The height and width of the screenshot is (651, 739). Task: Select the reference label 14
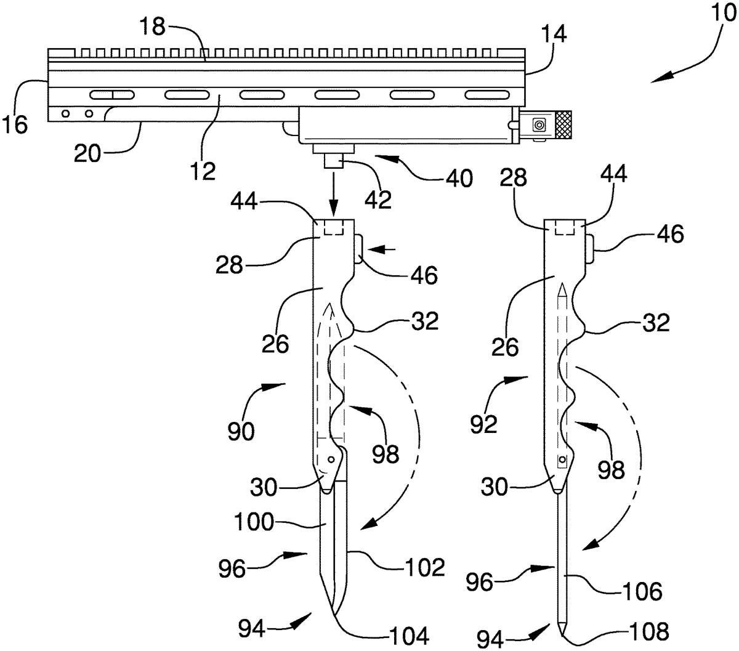coord(553,34)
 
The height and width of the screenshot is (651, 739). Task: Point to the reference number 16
coord(15,124)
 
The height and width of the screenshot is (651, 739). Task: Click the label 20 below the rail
coord(87,153)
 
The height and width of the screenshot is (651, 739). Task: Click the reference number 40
coord(459,179)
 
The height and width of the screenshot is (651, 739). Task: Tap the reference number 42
coord(378,199)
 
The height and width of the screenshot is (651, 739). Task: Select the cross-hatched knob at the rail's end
coord(563,124)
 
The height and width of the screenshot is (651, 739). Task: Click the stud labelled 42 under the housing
coord(334,160)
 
